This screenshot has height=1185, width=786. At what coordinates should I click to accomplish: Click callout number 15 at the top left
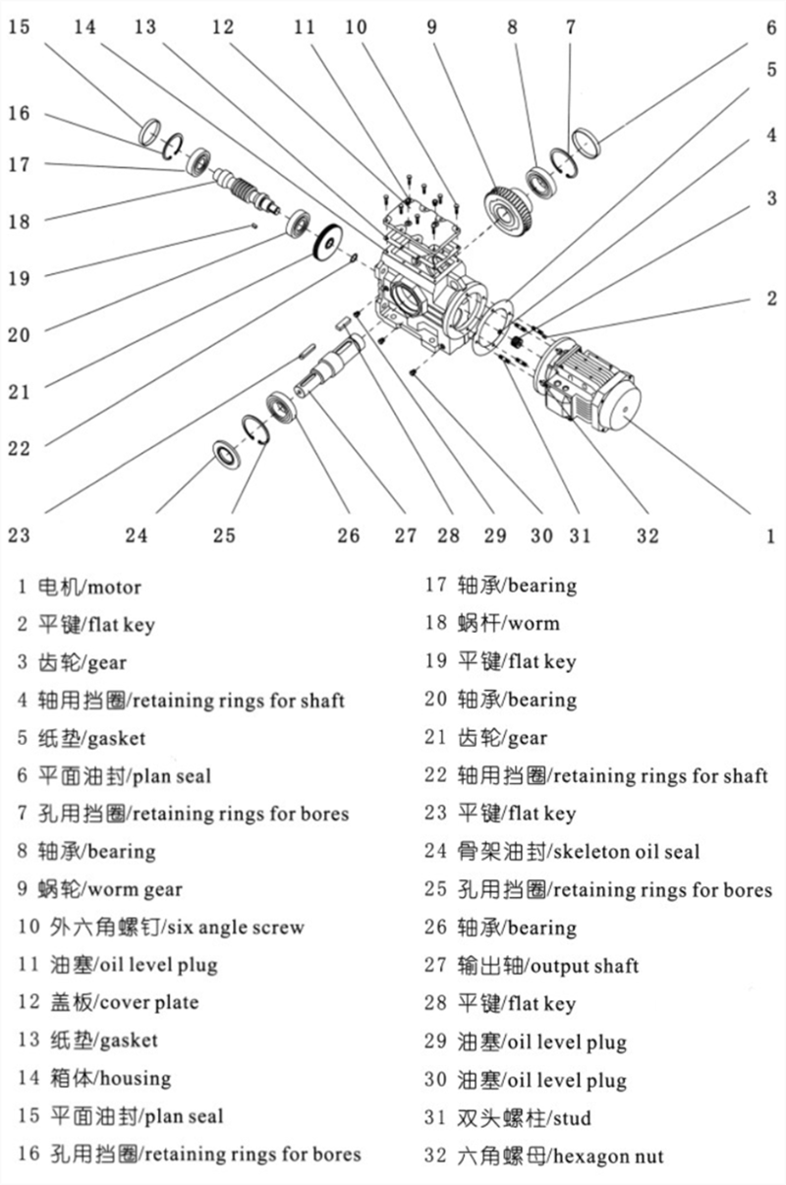(20, 27)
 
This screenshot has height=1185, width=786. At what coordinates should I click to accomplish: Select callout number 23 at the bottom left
(20, 536)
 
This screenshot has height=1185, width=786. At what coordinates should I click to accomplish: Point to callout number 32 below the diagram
(646, 536)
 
